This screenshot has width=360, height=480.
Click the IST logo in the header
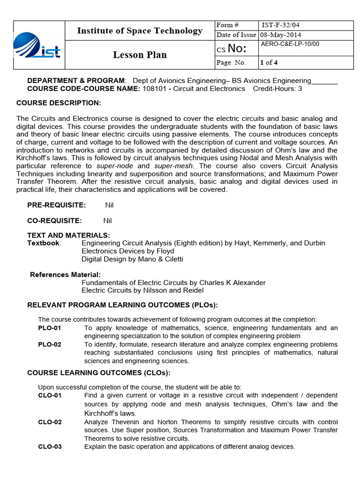(37, 46)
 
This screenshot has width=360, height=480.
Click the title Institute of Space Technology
(140, 31)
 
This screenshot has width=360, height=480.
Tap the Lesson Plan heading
(140, 55)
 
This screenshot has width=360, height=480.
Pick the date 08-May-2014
(281, 35)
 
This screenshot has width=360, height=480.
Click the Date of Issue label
(236, 35)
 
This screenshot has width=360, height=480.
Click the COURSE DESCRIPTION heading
(59, 103)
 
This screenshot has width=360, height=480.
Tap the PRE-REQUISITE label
(56, 205)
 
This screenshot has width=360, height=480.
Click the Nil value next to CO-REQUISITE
(107, 220)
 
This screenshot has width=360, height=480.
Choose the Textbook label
(44, 243)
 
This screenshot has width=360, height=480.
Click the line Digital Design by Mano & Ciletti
(132, 259)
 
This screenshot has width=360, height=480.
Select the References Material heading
(65, 274)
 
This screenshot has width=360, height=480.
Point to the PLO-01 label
(49, 328)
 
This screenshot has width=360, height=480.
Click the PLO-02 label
(49, 345)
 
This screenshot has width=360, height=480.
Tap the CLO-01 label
(50, 395)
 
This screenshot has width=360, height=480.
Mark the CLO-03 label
(50, 447)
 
